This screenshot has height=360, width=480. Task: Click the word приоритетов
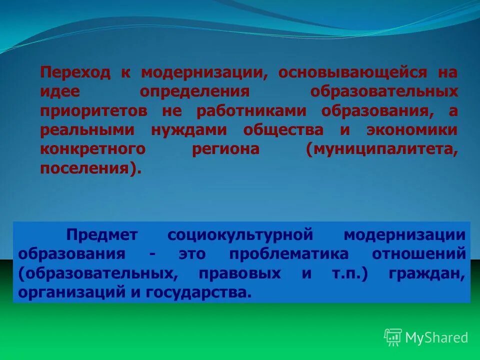click(93, 111)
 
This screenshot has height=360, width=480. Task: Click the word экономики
click(411, 130)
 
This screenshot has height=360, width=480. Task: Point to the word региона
click(225, 149)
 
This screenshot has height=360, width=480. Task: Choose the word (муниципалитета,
click(382, 149)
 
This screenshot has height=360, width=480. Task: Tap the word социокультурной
click(240, 234)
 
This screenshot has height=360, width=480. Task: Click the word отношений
click(418, 253)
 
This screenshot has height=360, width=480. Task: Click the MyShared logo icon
click(392, 337)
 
